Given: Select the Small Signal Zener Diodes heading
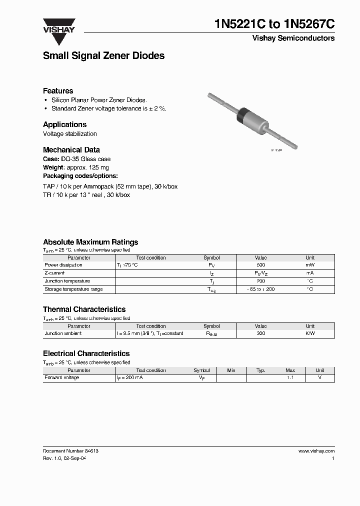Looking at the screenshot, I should [x=103, y=56].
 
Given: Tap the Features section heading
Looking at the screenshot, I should [x=58, y=91].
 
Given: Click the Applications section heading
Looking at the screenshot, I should [x=64, y=124].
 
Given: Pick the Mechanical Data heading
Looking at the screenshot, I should [x=71, y=149].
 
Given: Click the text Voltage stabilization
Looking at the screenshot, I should [x=70, y=134].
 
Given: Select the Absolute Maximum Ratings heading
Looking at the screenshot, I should [x=90, y=242].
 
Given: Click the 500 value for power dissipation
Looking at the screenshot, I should [x=260, y=265].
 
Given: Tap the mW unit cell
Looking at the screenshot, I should [x=310, y=265].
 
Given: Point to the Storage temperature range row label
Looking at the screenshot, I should [x=73, y=289].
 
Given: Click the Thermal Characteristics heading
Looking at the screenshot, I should [x=84, y=309].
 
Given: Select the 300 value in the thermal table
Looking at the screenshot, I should [x=260, y=333].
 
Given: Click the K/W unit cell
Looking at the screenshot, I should [x=310, y=333].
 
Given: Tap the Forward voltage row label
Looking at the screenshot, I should [x=62, y=377].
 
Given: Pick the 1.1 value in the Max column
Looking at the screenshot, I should [x=290, y=377].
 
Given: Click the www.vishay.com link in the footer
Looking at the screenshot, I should [x=316, y=450].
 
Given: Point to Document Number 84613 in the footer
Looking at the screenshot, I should [x=70, y=450].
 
